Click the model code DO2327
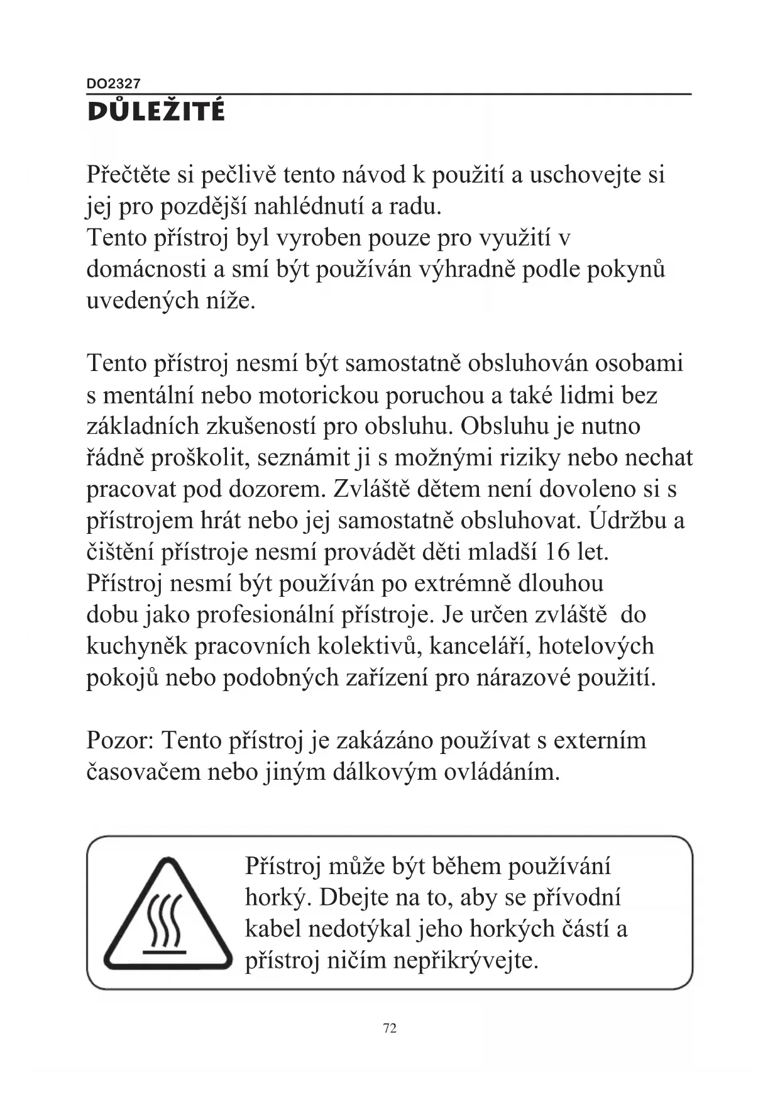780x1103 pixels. [x=114, y=83]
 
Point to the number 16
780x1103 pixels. [x=557, y=552]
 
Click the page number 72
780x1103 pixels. [x=390, y=1028]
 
